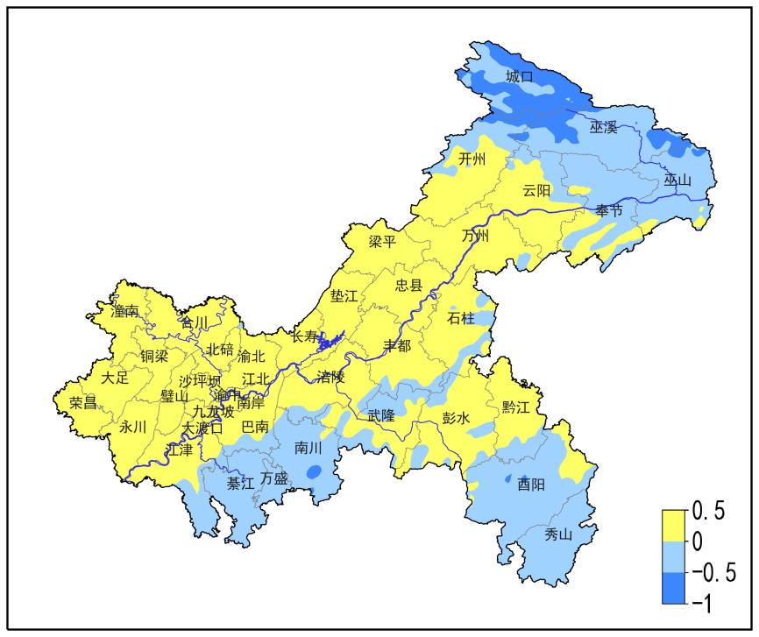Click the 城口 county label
pyautogui.click(x=520, y=77)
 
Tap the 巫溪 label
pyautogui.click(x=603, y=128)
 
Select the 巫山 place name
pyautogui.click(x=677, y=180)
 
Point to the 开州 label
pyautogui.click(x=472, y=159)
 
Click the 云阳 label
pyautogui.click(x=536, y=191)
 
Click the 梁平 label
pyautogui.click(x=381, y=242)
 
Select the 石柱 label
pyautogui.click(x=461, y=317)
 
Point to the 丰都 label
pyautogui.click(x=396, y=346)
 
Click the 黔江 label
pyautogui.click(x=516, y=407)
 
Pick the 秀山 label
pyautogui.click(x=558, y=534)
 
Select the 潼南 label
pyautogui.click(x=124, y=311)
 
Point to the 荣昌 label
pyautogui.click(x=83, y=403)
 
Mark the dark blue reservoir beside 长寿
pyautogui.click(x=330, y=340)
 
